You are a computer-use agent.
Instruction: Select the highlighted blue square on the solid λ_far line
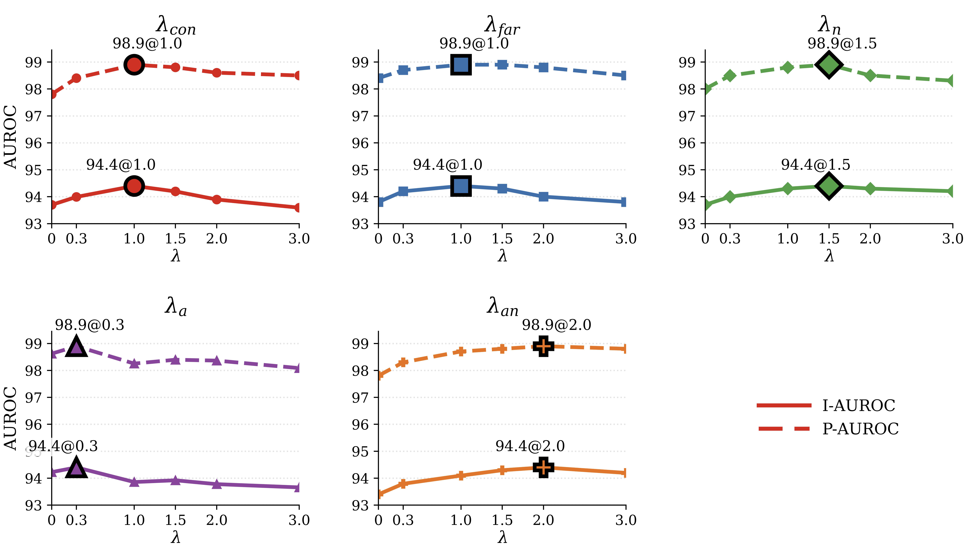click(x=461, y=186)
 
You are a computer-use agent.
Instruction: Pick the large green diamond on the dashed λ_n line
click(x=829, y=65)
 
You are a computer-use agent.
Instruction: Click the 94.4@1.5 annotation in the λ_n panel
click(x=815, y=164)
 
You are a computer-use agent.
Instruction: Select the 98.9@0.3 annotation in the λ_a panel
click(x=90, y=325)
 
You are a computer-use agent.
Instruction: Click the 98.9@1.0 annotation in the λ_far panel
click(x=474, y=43)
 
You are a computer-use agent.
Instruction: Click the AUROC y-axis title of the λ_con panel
click(x=11, y=137)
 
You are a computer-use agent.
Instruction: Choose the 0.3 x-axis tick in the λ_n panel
click(x=730, y=239)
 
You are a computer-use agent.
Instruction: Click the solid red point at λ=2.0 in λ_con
click(x=216, y=199)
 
